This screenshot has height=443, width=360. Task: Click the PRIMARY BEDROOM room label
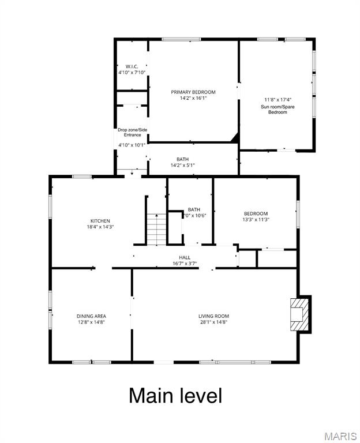pos(193,92)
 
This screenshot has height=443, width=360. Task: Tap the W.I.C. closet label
pos(131,66)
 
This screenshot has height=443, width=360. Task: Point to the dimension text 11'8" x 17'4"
pos(277,99)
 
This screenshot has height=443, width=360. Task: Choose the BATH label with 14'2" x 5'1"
pos(182,159)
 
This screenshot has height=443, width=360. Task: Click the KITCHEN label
pos(100,221)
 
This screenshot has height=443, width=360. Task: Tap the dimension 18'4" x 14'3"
pos(100,227)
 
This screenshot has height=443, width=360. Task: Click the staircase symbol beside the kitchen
pos(156,229)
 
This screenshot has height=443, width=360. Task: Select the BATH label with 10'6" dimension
pos(194,209)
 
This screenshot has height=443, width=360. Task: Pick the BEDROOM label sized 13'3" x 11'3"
pos(256,213)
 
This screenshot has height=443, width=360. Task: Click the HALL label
pos(185,257)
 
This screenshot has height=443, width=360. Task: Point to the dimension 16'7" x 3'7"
pos(185,264)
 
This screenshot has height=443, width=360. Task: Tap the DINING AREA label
pos(91,316)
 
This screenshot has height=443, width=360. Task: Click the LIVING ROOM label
pos(213,316)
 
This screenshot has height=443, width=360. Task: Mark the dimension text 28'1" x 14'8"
pos(213,322)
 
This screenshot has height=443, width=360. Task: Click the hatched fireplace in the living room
pos(300,314)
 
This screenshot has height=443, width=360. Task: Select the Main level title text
pos(175,396)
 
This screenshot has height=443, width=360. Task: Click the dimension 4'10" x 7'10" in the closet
pos(132,73)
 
